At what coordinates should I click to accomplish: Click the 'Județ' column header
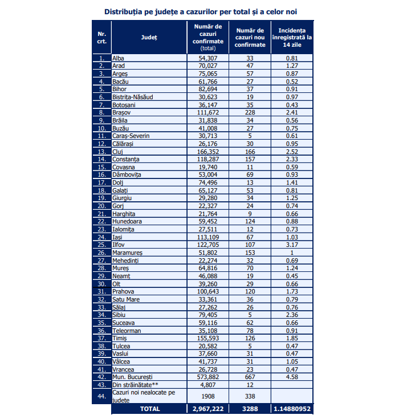[x=149, y=37]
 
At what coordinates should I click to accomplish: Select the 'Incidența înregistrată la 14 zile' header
[x=292, y=37]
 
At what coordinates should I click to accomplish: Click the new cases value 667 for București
[x=250, y=377]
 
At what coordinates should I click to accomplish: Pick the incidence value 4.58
[x=292, y=377]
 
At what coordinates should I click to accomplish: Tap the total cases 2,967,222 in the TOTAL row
[x=207, y=409]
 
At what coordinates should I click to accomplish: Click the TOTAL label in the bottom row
[x=149, y=409]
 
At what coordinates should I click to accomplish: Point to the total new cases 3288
[x=250, y=409]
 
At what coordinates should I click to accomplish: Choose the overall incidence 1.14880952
[x=292, y=409]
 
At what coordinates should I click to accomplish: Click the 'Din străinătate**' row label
[x=134, y=384]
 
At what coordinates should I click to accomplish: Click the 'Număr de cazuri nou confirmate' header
[x=250, y=37]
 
